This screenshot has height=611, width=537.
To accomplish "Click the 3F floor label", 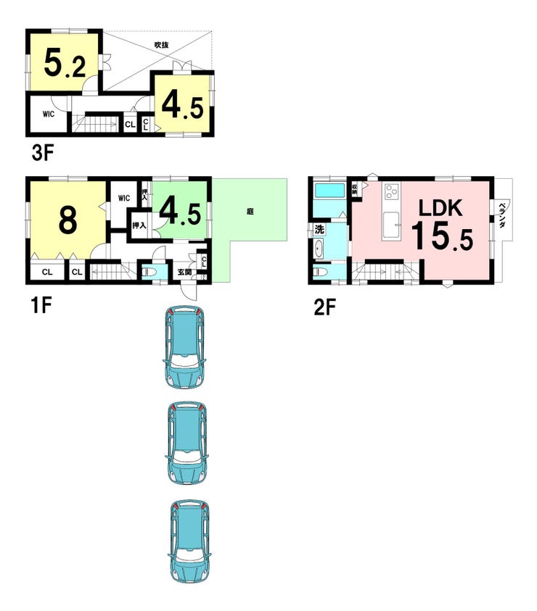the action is (42, 153).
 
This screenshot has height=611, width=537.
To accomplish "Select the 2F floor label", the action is (324, 307).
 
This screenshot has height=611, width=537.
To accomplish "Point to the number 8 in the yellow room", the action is (67, 220).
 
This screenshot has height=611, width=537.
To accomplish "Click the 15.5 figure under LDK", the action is (442, 236).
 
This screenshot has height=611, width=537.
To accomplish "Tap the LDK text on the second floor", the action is (440, 208).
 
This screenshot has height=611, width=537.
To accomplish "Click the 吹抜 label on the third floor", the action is (161, 45).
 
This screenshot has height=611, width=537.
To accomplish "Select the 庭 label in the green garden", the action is (250, 212).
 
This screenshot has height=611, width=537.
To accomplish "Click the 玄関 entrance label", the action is (184, 272).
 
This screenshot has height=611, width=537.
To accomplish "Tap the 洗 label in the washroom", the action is (319, 230).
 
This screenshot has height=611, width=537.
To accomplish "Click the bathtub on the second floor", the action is (329, 191).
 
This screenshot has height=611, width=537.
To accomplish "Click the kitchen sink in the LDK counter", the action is (391, 225).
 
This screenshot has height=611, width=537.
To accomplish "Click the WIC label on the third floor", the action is (49, 115).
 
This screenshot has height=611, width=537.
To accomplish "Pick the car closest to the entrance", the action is (184, 346).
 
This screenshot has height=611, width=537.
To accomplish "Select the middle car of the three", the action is (186, 444).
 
